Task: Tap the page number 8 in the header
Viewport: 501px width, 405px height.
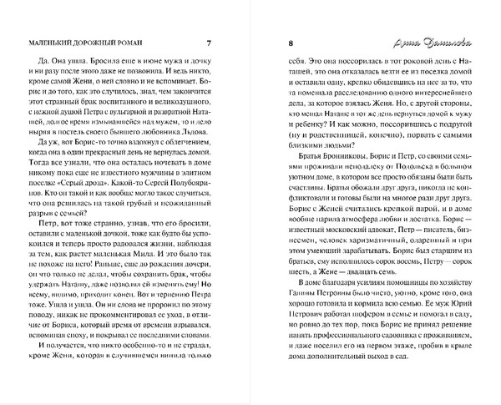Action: point(290,43)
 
